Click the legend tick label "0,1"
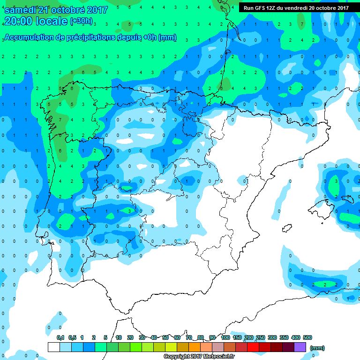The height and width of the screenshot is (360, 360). click(x=60, y=337)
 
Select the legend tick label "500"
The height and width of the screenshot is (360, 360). click(x=307, y=337)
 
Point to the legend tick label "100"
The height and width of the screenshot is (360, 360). click(x=225, y=337)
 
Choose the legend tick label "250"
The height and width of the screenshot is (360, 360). click(x=260, y=337)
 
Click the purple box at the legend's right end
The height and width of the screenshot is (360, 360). click(x=300, y=347)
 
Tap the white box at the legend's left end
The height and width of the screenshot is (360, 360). click(x=54, y=347)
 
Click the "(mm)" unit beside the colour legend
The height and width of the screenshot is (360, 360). click(x=317, y=348)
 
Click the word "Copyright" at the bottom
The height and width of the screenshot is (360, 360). click(x=177, y=357)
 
